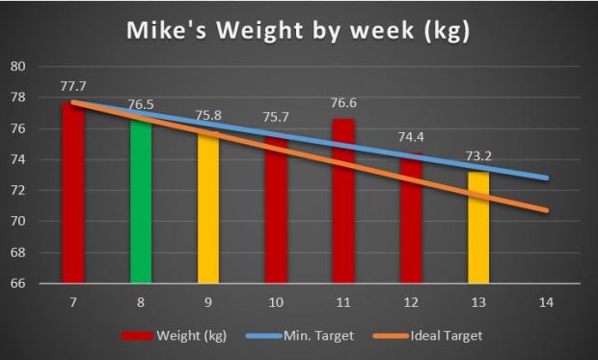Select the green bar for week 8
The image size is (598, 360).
(141, 203)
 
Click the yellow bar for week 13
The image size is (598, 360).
(478, 228)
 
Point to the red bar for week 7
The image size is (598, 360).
(73, 193)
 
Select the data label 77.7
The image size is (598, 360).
(73, 87)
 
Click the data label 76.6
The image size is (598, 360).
(343, 104)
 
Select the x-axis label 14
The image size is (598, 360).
(546, 303)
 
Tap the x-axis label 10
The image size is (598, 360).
(276, 303)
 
